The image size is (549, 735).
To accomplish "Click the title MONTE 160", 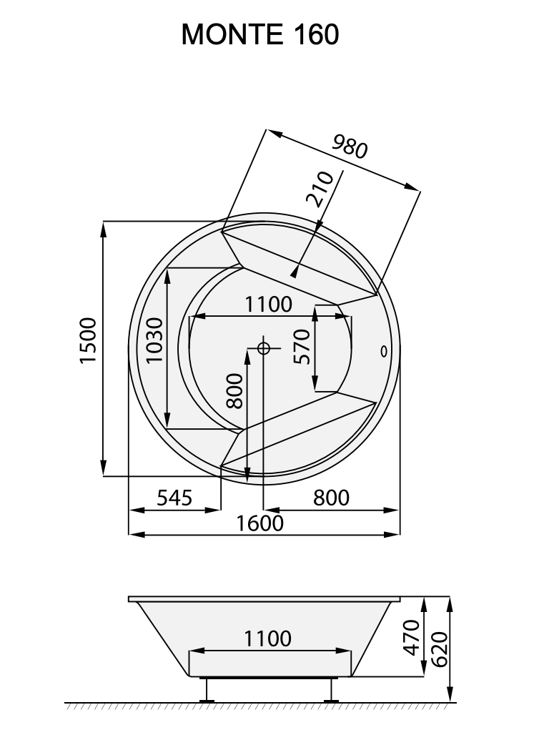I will pyautogui.click(x=260, y=34).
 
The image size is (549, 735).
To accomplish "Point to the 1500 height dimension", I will pyautogui.click(x=88, y=340).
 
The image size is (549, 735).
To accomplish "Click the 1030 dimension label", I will pyautogui.click(x=154, y=340).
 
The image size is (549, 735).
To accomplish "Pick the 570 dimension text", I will pyautogui.click(x=303, y=346).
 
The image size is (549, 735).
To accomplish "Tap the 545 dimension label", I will pyautogui.click(x=174, y=497).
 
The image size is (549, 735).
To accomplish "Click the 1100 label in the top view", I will pyautogui.click(x=269, y=305).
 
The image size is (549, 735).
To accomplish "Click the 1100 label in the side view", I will pyautogui.click(x=268, y=638).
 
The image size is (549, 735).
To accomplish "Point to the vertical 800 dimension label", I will pyautogui.click(x=234, y=390).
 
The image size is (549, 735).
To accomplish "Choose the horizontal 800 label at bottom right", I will pyautogui.click(x=331, y=497).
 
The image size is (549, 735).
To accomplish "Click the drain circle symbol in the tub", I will pyautogui.click(x=263, y=348).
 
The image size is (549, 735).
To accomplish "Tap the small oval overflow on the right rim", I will pyautogui.click(x=383, y=350).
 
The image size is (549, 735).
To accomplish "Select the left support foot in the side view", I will pyautogui.click(x=207, y=691).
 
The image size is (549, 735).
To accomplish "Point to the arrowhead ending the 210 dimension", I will pyautogui.click(x=295, y=272).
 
